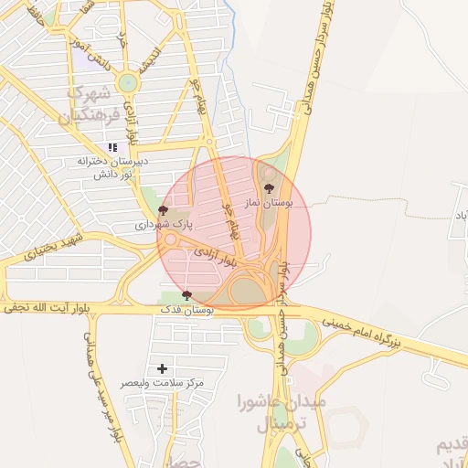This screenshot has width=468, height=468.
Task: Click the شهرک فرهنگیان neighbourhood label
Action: [x=86, y=105]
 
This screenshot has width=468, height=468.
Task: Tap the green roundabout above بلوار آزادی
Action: [x=127, y=83]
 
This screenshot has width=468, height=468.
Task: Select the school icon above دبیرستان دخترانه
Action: [x=112, y=146]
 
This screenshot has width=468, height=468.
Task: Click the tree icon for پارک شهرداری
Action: [x=163, y=210]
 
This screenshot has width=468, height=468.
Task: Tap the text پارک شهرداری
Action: [x=165, y=224]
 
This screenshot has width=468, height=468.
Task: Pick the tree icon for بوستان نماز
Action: [x=268, y=187]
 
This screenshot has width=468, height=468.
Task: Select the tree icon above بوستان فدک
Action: [x=187, y=295]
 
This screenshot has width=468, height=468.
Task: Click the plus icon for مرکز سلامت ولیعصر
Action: [x=163, y=368]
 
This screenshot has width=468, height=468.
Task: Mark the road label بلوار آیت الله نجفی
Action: [x=49, y=310]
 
